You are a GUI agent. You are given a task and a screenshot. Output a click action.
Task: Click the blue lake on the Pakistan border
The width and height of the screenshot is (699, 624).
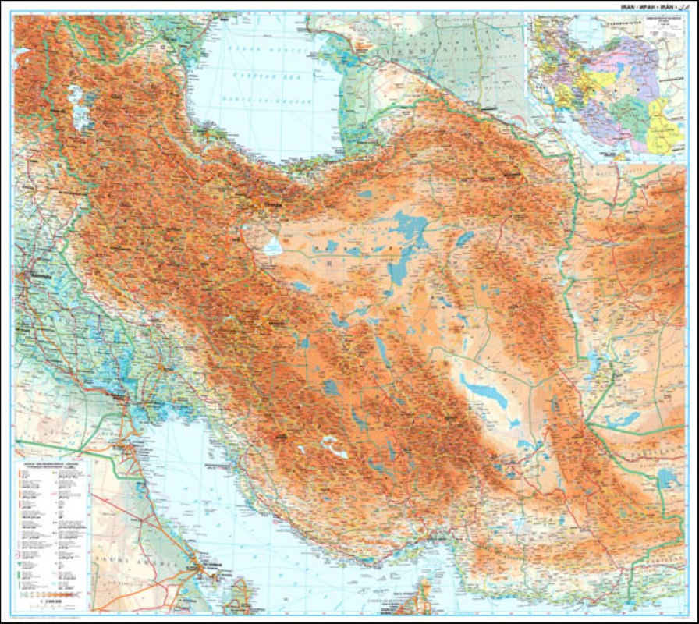pyautogui.click(x=666, y=477)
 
